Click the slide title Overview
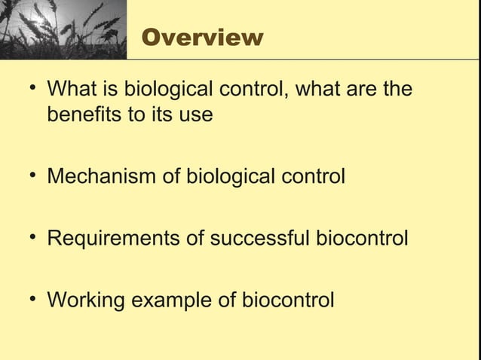pos(202,37)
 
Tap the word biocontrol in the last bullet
pos(287,301)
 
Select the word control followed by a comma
pos(253,90)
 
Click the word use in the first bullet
pos(198,115)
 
